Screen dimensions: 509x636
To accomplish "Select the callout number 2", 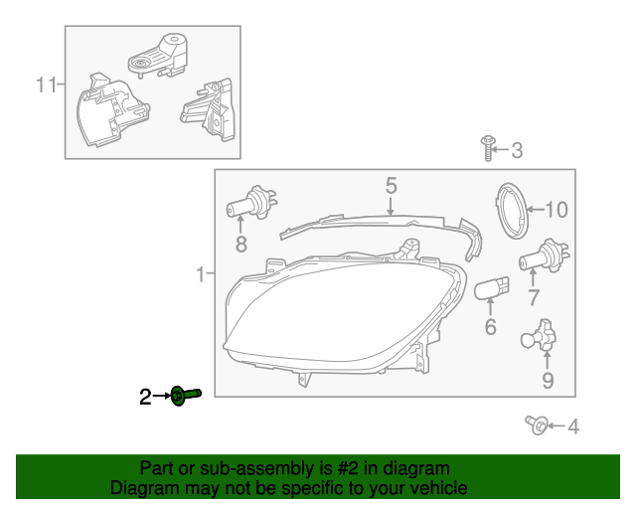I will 145,398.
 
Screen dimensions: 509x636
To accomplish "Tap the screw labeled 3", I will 488,148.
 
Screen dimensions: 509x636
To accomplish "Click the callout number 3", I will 517,151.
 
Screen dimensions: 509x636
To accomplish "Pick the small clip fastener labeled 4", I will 537,425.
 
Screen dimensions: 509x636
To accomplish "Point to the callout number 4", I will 572,427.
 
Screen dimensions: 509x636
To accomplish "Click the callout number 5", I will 391,185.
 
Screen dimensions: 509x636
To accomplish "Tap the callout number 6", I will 490,327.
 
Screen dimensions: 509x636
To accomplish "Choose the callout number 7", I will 533,297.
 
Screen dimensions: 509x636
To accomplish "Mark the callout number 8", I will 240,244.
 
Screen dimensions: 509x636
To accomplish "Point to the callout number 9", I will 547,380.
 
